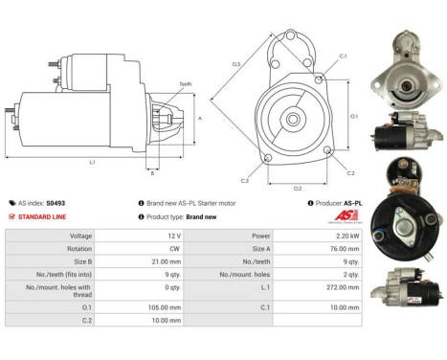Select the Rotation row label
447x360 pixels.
pos(79,247)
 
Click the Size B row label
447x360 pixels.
pos(81,259)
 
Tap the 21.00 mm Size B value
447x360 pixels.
pos(167,259)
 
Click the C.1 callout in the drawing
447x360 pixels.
pos(343,56)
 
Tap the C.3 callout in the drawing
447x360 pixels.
pos(244,180)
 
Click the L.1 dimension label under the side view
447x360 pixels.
pos(92,162)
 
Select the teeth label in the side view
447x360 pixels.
pos(185,84)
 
